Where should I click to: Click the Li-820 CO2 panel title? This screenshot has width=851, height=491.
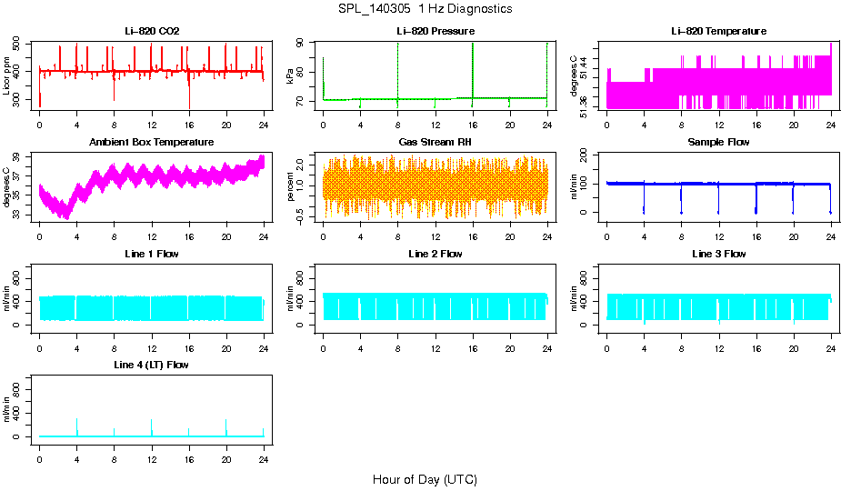pyautogui.click(x=152, y=32)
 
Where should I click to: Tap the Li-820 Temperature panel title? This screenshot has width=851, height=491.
pyautogui.click(x=718, y=32)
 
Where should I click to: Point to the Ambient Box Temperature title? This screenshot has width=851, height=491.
pyautogui.click(x=152, y=143)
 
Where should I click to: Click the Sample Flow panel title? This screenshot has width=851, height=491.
pyautogui.click(x=718, y=143)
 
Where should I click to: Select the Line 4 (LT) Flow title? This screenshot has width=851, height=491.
pyautogui.click(x=152, y=365)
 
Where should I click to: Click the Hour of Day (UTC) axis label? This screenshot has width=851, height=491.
pyautogui.click(x=425, y=479)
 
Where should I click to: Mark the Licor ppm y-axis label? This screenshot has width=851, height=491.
pyautogui.click(x=7, y=76)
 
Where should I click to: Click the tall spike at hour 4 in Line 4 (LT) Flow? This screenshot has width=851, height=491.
pyautogui.click(x=77, y=424)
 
